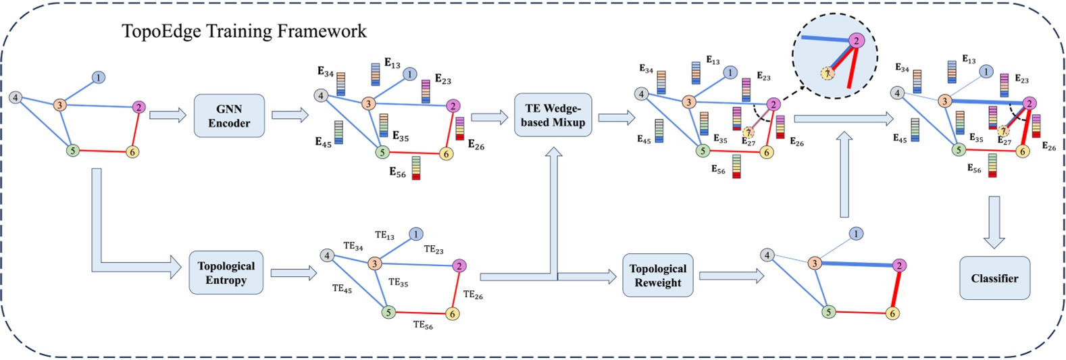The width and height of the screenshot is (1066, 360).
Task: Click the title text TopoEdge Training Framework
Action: [x=244, y=31]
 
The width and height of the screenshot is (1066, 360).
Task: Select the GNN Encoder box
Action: [x=229, y=116]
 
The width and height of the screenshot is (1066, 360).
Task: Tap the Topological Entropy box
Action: [x=226, y=273]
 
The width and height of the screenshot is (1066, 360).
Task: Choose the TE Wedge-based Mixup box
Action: [x=553, y=115]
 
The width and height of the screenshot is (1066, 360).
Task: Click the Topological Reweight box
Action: [x=657, y=276]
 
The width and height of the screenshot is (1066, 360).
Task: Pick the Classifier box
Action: [x=994, y=278]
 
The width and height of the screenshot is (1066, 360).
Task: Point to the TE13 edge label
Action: [x=384, y=236]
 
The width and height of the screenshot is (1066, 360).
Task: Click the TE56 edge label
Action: [x=423, y=325]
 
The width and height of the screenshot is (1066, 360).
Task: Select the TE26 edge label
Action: [x=473, y=295]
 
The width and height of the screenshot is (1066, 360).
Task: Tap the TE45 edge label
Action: [x=342, y=289]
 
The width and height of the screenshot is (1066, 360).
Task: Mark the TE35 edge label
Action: [x=398, y=282]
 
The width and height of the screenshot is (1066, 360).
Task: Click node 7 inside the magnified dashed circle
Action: [x=827, y=72]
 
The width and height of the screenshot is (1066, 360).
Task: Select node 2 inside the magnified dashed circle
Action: [x=856, y=41]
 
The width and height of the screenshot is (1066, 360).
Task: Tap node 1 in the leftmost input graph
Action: [x=99, y=78]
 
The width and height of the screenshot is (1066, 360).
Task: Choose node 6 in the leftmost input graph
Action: [x=132, y=152]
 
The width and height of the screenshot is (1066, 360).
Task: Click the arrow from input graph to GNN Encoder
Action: [x=167, y=115]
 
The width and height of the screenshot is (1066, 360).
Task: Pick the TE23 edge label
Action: [x=434, y=250]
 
